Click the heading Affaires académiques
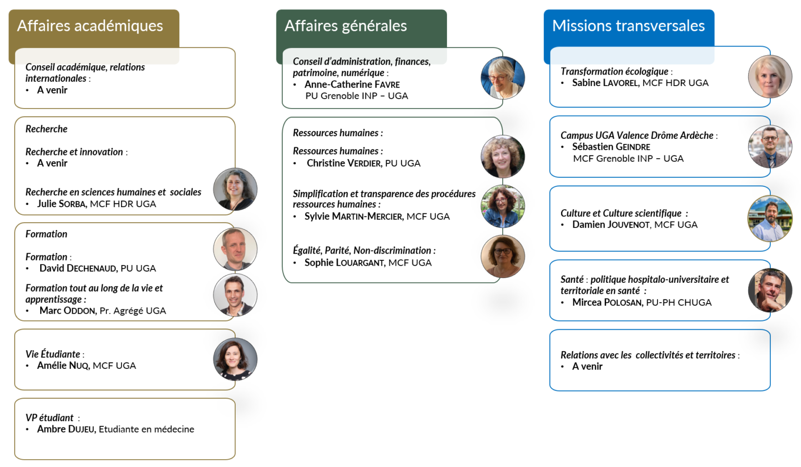pyautogui.click(x=90, y=26)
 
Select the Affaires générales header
pyautogui.click(x=346, y=26)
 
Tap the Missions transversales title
pyautogui.click(x=628, y=26)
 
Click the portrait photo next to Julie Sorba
pyautogui.click(x=235, y=189)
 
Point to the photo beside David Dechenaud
pyautogui.click(x=235, y=249)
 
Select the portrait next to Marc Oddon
pyautogui.click(x=235, y=295)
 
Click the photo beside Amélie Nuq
pyautogui.click(x=235, y=359)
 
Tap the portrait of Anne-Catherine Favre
pyautogui.click(x=503, y=78)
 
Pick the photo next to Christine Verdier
pyautogui.click(x=503, y=157)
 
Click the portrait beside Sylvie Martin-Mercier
pyautogui.click(x=503, y=206)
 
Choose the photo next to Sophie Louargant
pyautogui.click(x=503, y=256)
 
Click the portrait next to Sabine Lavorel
pyautogui.click(x=770, y=76)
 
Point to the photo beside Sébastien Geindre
pyautogui.click(x=770, y=147)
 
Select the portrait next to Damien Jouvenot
pyautogui.click(x=770, y=218)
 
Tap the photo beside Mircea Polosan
pyautogui.click(x=770, y=290)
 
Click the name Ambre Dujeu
pyautogui.click(x=66, y=429)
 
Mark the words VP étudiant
pyautogui.click(x=50, y=417)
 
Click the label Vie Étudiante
pyautogui.click(x=53, y=354)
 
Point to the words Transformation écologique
pyautogui.click(x=614, y=71)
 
